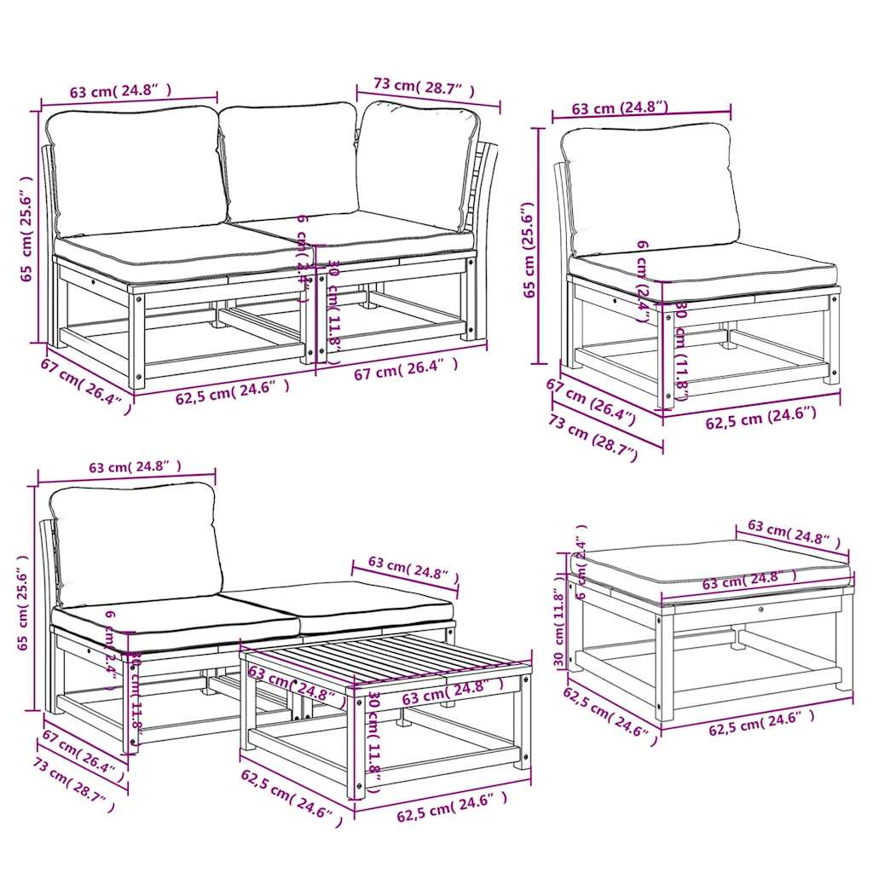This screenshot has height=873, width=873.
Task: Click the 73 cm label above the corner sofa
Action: tap(423, 86)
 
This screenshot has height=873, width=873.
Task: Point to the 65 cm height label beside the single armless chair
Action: tap(529, 249)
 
